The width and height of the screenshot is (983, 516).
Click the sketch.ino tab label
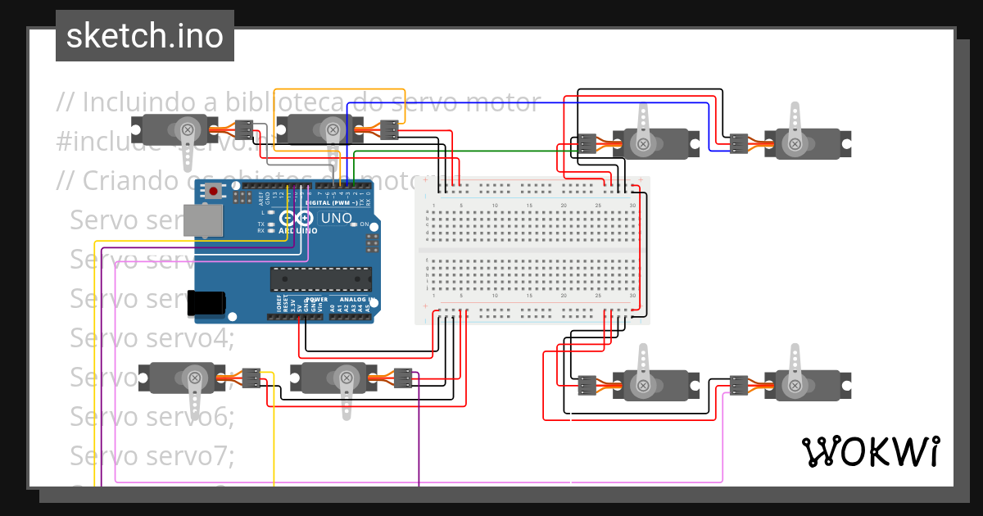(145, 36)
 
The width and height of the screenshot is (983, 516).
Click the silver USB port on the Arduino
(202, 220)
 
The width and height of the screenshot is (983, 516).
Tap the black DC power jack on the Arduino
(206, 302)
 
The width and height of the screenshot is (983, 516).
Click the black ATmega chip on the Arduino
(321, 279)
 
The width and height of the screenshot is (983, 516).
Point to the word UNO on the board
(337, 219)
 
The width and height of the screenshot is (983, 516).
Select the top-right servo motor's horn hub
(793, 143)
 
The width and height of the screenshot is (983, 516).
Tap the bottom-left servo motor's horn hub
(195, 378)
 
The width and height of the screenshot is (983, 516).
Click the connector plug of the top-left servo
(244, 129)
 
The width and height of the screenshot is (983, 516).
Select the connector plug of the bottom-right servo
(739, 384)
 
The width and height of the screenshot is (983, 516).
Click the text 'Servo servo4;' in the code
(152, 337)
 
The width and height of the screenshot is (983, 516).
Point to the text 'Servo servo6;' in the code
(152, 416)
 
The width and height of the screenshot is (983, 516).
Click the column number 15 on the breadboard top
(529, 205)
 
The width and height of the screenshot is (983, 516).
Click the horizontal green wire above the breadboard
(491, 152)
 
